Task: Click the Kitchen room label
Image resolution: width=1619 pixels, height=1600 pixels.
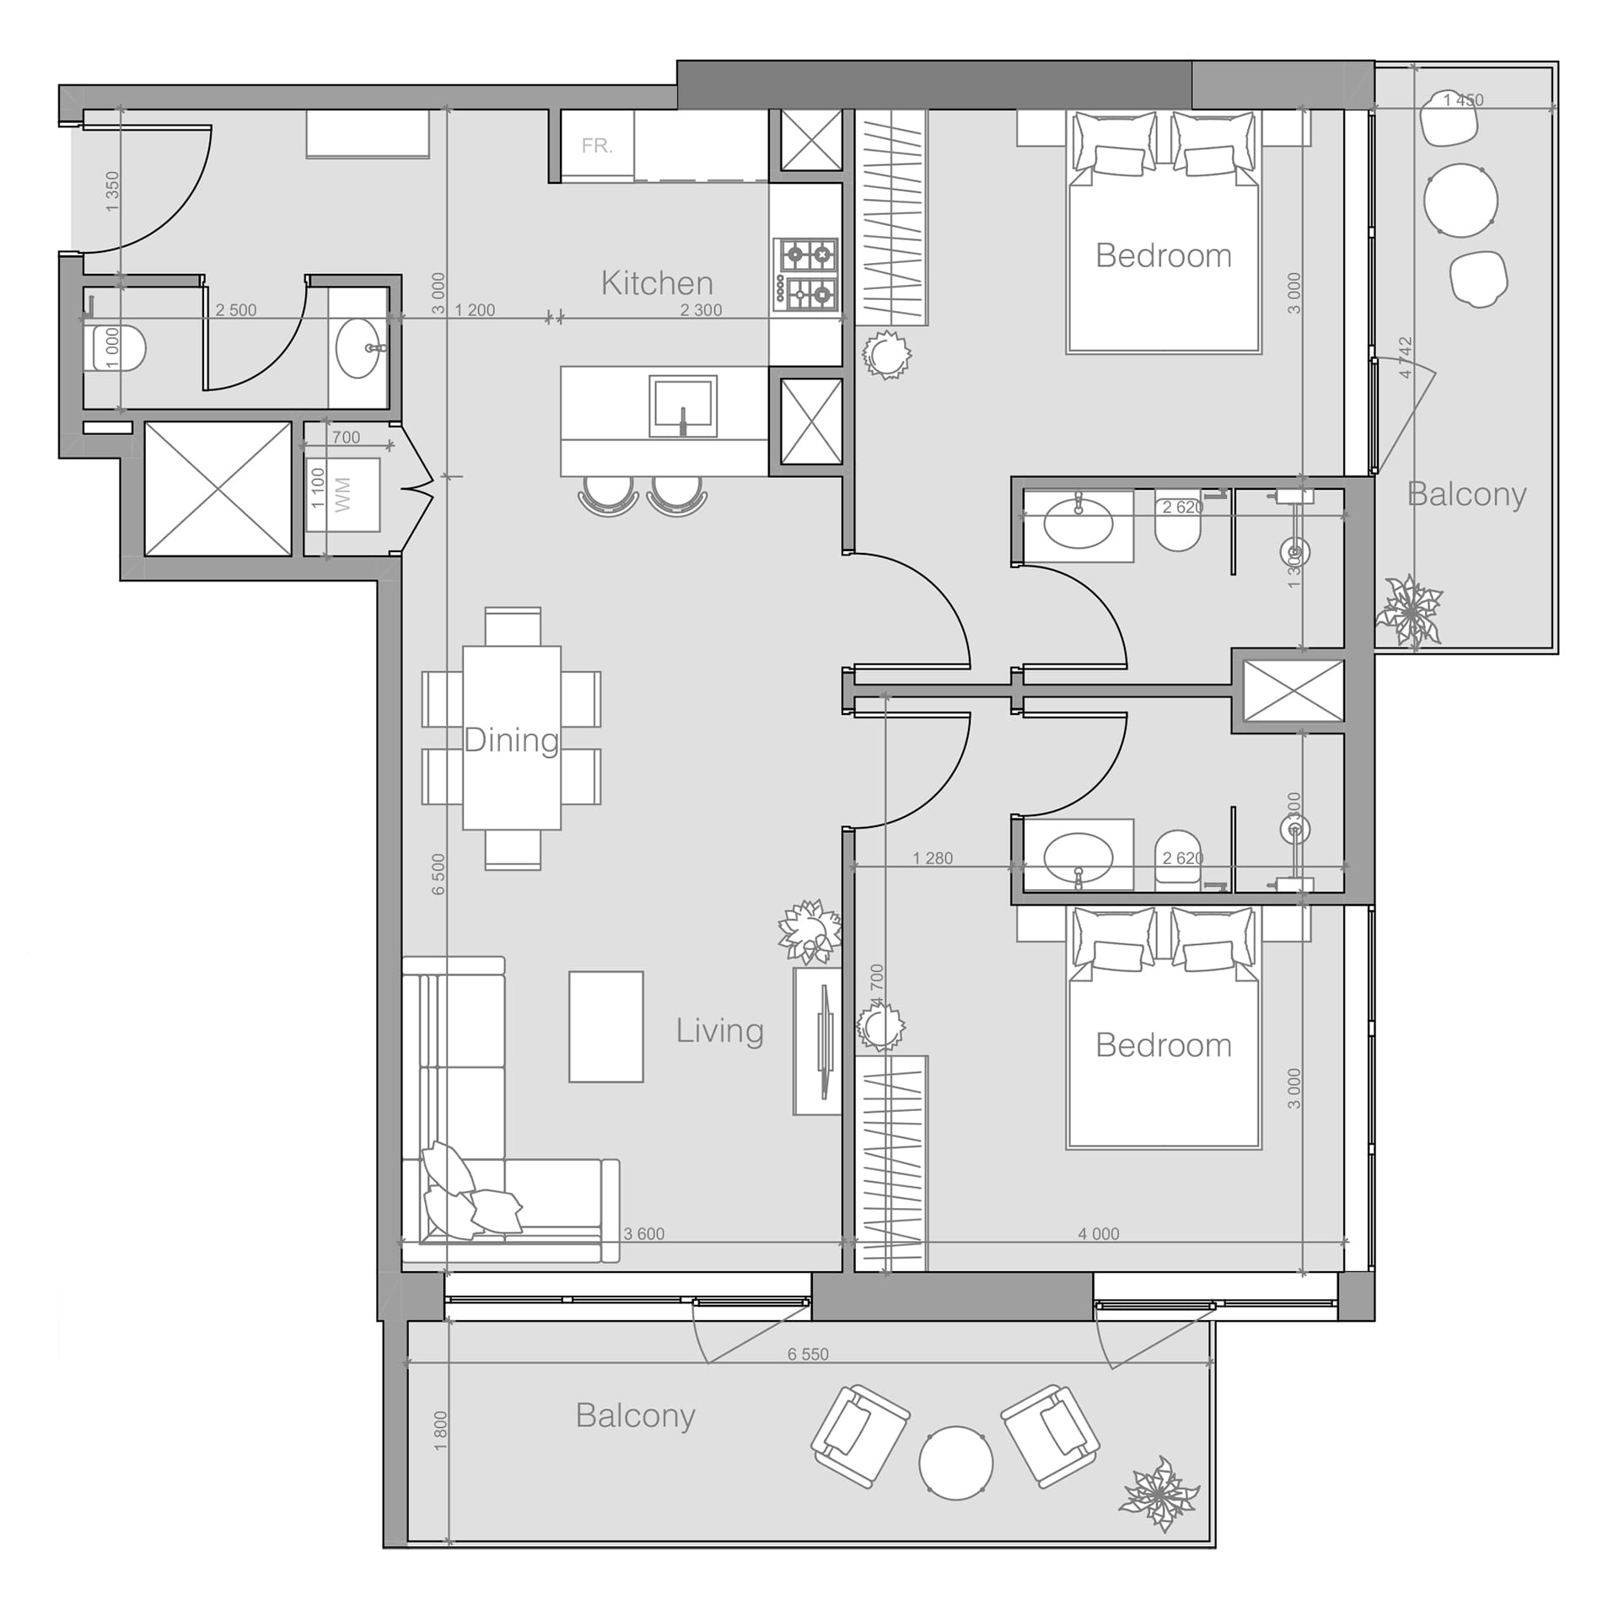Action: pos(657,283)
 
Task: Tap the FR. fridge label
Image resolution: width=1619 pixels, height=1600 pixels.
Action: pos(596,146)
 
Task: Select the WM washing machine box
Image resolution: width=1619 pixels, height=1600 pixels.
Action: pos(342,495)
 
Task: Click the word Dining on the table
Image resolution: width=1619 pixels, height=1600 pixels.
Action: pos(511,740)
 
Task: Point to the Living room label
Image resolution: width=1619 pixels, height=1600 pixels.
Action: pos(719,1030)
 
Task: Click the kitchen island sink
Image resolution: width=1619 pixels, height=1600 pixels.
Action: pos(683,407)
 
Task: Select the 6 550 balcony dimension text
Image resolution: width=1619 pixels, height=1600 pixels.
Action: pos(808,1354)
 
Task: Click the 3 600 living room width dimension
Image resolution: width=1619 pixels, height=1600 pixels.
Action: pos(643,1234)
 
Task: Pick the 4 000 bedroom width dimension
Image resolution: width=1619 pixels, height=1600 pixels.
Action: pos(1098,1234)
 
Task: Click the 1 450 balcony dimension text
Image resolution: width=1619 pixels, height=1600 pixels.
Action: pos(1463,100)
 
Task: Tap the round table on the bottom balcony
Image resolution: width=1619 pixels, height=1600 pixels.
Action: pos(955,1463)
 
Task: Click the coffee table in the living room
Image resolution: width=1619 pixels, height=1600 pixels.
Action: pos(605,1026)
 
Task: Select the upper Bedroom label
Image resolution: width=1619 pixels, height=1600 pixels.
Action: pos(1163,255)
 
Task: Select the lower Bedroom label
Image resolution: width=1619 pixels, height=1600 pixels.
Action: pos(1163,1045)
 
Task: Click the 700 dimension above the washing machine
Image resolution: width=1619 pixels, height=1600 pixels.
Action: pos(346,438)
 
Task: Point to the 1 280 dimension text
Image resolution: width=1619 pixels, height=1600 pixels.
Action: pos(933,858)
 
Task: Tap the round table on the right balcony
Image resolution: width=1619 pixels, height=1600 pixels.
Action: pos(1460,201)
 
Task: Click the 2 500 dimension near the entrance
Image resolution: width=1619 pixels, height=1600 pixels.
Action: pos(235,310)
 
